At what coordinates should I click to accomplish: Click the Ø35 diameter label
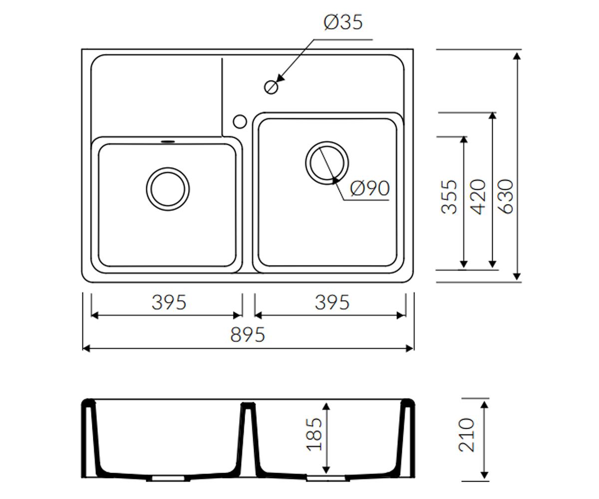343,22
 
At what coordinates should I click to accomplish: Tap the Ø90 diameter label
370,189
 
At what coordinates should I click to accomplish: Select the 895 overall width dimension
248,335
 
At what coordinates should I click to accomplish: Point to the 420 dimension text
478,197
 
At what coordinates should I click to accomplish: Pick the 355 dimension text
449,197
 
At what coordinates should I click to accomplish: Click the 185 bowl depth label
314,435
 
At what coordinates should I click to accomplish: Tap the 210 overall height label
467,435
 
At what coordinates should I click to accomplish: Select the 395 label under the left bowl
169,302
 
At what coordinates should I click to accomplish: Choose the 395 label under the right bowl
332,302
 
